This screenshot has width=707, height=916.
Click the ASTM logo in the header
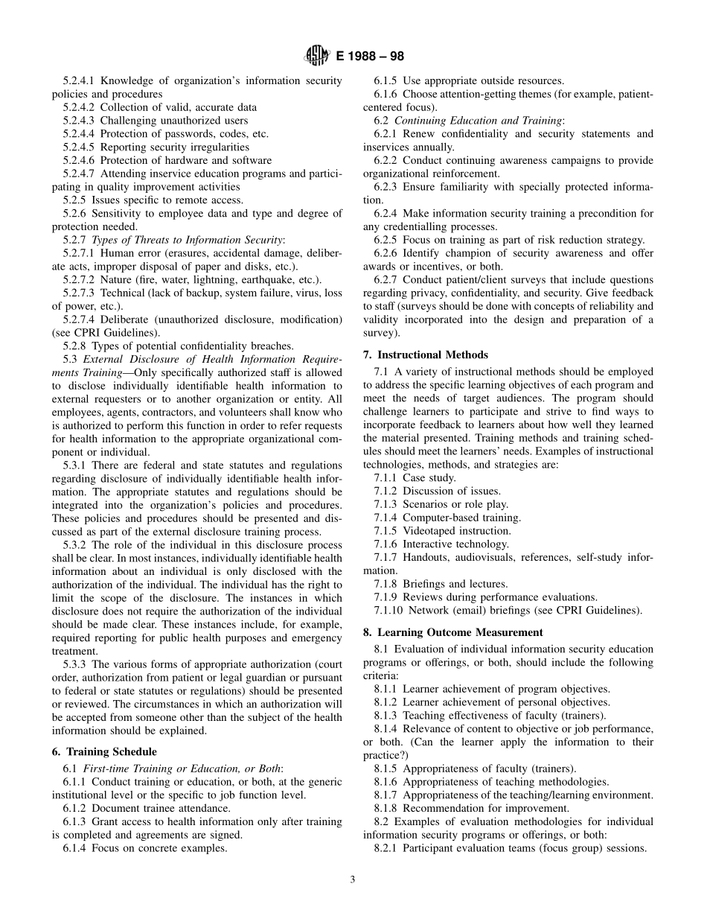tap(317, 55)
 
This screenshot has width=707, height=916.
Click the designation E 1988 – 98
tap(371, 56)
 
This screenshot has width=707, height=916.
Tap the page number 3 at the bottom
tap(353, 880)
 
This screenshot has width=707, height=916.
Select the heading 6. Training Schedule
tap(104, 752)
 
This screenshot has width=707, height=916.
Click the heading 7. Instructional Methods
tap(426, 355)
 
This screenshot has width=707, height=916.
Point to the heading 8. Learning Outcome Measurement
tap(452, 632)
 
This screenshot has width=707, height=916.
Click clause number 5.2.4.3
tap(79, 121)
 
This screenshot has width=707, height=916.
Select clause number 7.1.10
tap(392, 611)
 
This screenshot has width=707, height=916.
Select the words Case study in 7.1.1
tap(429, 478)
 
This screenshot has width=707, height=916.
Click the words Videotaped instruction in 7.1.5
tap(456, 531)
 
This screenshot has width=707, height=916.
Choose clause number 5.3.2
tap(76, 545)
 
